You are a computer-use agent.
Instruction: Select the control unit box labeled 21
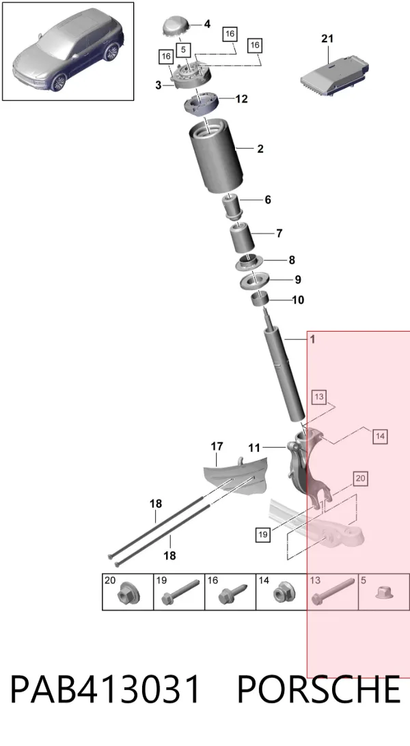click(x=334, y=74)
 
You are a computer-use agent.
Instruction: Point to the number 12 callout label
click(x=241, y=99)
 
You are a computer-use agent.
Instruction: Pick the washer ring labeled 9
click(x=255, y=281)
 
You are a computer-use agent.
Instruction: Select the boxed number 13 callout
click(x=319, y=397)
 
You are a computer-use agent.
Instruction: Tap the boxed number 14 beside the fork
click(x=380, y=436)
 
